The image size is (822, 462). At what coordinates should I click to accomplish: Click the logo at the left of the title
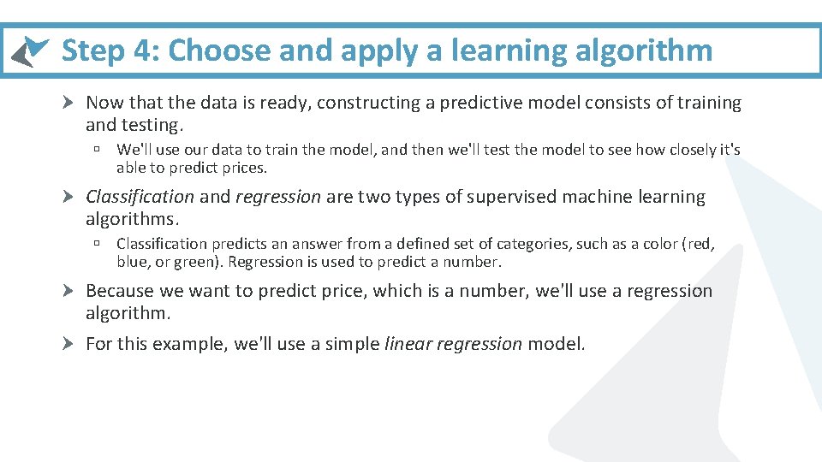(29, 51)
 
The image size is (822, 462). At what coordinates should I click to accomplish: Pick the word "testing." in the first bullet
(155, 125)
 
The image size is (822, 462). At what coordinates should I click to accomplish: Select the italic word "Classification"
(140, 197)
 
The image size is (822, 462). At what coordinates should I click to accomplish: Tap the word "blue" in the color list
(133, 262)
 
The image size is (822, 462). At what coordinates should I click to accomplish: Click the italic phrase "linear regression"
(453, 344)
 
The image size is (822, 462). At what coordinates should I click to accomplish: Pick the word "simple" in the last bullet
(352, 344)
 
